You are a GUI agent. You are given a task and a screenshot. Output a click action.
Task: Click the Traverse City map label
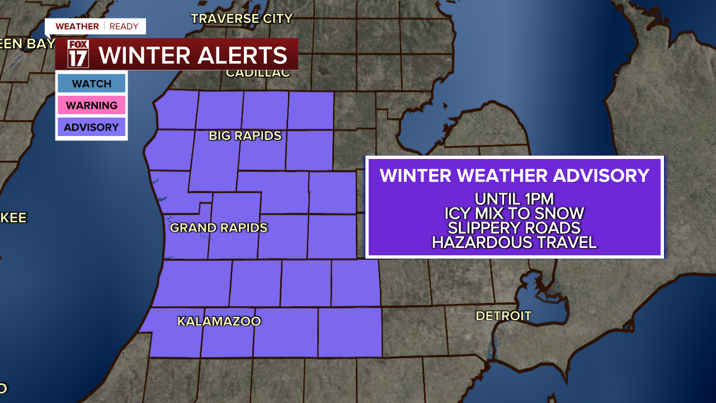point(242,18)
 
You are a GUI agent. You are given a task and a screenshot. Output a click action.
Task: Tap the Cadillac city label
point(258,73)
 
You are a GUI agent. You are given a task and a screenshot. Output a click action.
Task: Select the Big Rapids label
point(245,136)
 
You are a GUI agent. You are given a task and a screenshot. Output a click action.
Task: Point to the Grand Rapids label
point(219,228)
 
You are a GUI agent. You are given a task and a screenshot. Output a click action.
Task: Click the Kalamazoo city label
point(219,321)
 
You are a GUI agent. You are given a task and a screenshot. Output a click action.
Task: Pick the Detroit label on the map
point(503,316)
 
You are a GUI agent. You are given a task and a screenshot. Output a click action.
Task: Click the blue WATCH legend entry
point(91,83)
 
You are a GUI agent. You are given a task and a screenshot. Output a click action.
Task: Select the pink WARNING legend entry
point(91,105)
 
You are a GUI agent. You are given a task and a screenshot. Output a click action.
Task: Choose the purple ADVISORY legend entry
point(91,127)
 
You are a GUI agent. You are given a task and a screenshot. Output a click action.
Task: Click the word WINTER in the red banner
point(144,55)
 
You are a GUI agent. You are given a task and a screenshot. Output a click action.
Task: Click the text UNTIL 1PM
point(514,199)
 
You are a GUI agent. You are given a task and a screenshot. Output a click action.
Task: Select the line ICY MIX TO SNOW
point(514,213)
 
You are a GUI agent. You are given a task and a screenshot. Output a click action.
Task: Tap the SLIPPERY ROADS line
point(514,228)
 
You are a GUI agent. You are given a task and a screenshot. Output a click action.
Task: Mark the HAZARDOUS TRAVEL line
point(514,242)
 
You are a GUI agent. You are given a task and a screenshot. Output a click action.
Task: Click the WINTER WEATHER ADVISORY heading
point(514,175)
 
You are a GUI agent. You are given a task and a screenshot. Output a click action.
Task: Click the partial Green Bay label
point(25,44)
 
